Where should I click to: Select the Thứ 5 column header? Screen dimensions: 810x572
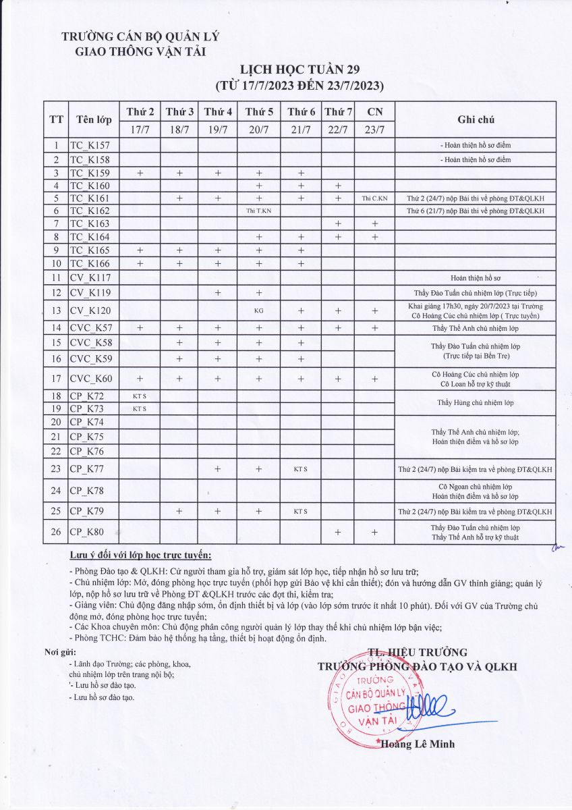[x=259, y=111]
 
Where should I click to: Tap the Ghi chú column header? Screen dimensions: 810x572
[x=476, y=119]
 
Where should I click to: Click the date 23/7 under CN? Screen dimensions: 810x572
[x=374, y=130]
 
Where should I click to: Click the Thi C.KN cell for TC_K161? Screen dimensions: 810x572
[x=374, y=198]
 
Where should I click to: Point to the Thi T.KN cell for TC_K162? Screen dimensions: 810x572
[x=259, y=211]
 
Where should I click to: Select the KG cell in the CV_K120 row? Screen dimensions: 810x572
[x=259, y=311]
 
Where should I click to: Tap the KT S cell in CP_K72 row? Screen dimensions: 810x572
[x=140, y=396]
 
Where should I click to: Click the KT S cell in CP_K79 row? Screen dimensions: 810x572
[x=300, y=511]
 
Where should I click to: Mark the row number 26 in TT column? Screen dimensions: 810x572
[x=56, y=532]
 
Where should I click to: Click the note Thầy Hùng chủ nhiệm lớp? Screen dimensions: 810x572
[x=476, y=403]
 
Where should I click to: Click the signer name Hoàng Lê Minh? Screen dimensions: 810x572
[x=418, y=745]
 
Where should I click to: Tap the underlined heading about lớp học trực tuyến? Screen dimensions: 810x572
[x=140, y=556]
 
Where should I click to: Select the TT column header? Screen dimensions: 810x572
[x=57, y=119]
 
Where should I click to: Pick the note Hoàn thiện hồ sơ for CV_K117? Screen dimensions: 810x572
[x=476, y=277]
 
